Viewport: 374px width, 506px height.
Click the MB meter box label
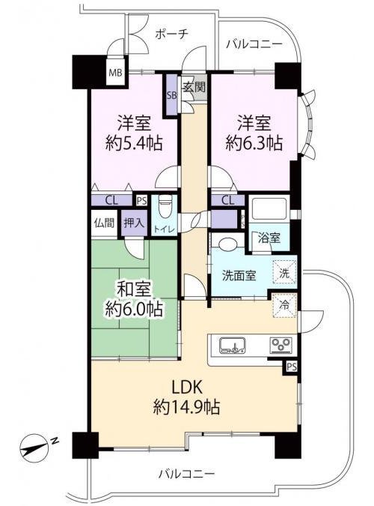click(115, 73)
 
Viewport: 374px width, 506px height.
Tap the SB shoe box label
click(171, 95)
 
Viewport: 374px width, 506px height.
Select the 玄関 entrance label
click(194, 86)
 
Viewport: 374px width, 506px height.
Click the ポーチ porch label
click(171, 34)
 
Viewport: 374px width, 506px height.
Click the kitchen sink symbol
click(233, 345)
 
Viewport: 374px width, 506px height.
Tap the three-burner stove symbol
click(281, 345)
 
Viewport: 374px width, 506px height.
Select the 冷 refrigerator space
click(284, 305)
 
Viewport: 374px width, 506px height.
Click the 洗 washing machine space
click(284, 273)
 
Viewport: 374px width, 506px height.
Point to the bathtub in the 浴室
click(269, 208)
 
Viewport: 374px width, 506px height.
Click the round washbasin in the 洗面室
click(227, 244)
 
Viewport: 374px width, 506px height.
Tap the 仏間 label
click(105, 223)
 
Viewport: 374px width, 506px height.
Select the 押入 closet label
click(134, 223)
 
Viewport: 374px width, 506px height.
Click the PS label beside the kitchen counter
click(292, 367)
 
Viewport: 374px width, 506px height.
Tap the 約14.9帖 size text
click(187, 406)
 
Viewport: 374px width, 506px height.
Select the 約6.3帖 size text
click(254, 143)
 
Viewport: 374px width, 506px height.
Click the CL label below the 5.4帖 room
click(111, 201)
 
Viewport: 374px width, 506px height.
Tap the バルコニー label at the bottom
click(186, 474)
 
